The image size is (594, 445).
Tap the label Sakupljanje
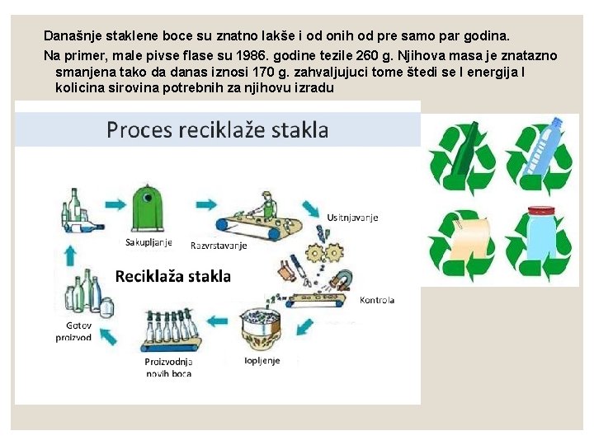pyautogui.click(x=148, y=242)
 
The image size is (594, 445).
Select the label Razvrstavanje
pyautogui.click(x=219, y=245)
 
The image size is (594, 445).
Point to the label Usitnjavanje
pyautogui.click(x=352, y=218)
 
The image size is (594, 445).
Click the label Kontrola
pyautogui.click(x=376, y=300)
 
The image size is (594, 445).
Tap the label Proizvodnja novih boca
pyautogui.click(x=168, y=368)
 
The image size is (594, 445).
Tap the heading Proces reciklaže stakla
pyautogui.click(x=217, y=129)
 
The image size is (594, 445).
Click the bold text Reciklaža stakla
pyautogui.click(x=172, y=276)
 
